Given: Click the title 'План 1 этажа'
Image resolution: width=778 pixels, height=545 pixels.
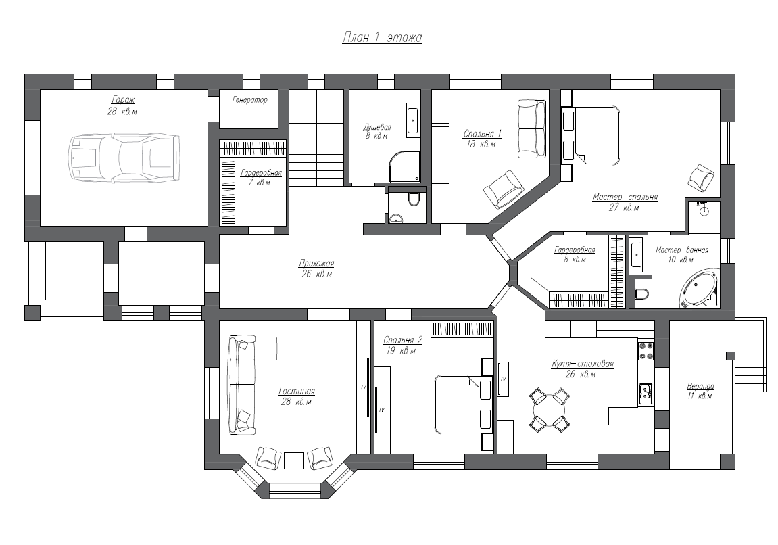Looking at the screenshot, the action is [382, 38].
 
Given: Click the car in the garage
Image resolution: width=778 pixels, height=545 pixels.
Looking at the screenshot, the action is [124, 157].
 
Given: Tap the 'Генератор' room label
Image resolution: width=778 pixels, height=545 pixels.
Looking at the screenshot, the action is [250, 100].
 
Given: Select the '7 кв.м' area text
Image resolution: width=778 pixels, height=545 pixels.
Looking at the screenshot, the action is [260, 183].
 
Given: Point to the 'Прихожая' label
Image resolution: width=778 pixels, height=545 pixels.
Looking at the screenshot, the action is [316, 263].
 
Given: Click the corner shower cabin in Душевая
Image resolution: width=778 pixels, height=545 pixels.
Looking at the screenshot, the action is [404, 167].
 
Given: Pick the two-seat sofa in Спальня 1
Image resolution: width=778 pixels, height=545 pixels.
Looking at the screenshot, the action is [532, 129].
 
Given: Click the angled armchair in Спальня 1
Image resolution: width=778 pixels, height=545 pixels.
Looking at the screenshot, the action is [504, 189].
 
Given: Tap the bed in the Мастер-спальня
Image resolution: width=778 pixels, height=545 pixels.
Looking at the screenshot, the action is [591, 135].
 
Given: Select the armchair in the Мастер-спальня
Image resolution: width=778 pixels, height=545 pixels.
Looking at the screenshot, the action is [700, 177].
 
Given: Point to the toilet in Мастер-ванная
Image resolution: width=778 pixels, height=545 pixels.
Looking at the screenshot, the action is [641, 294].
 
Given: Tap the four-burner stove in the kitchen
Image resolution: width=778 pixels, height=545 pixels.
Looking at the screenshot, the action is [646, 350].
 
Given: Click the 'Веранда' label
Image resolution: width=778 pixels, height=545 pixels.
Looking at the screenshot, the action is [700, 386].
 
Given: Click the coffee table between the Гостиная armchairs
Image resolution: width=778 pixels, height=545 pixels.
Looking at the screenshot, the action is [294, 460].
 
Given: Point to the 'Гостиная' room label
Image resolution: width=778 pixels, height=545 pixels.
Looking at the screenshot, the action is [297, 392].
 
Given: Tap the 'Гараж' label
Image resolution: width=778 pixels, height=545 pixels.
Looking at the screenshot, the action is [122, 100].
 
